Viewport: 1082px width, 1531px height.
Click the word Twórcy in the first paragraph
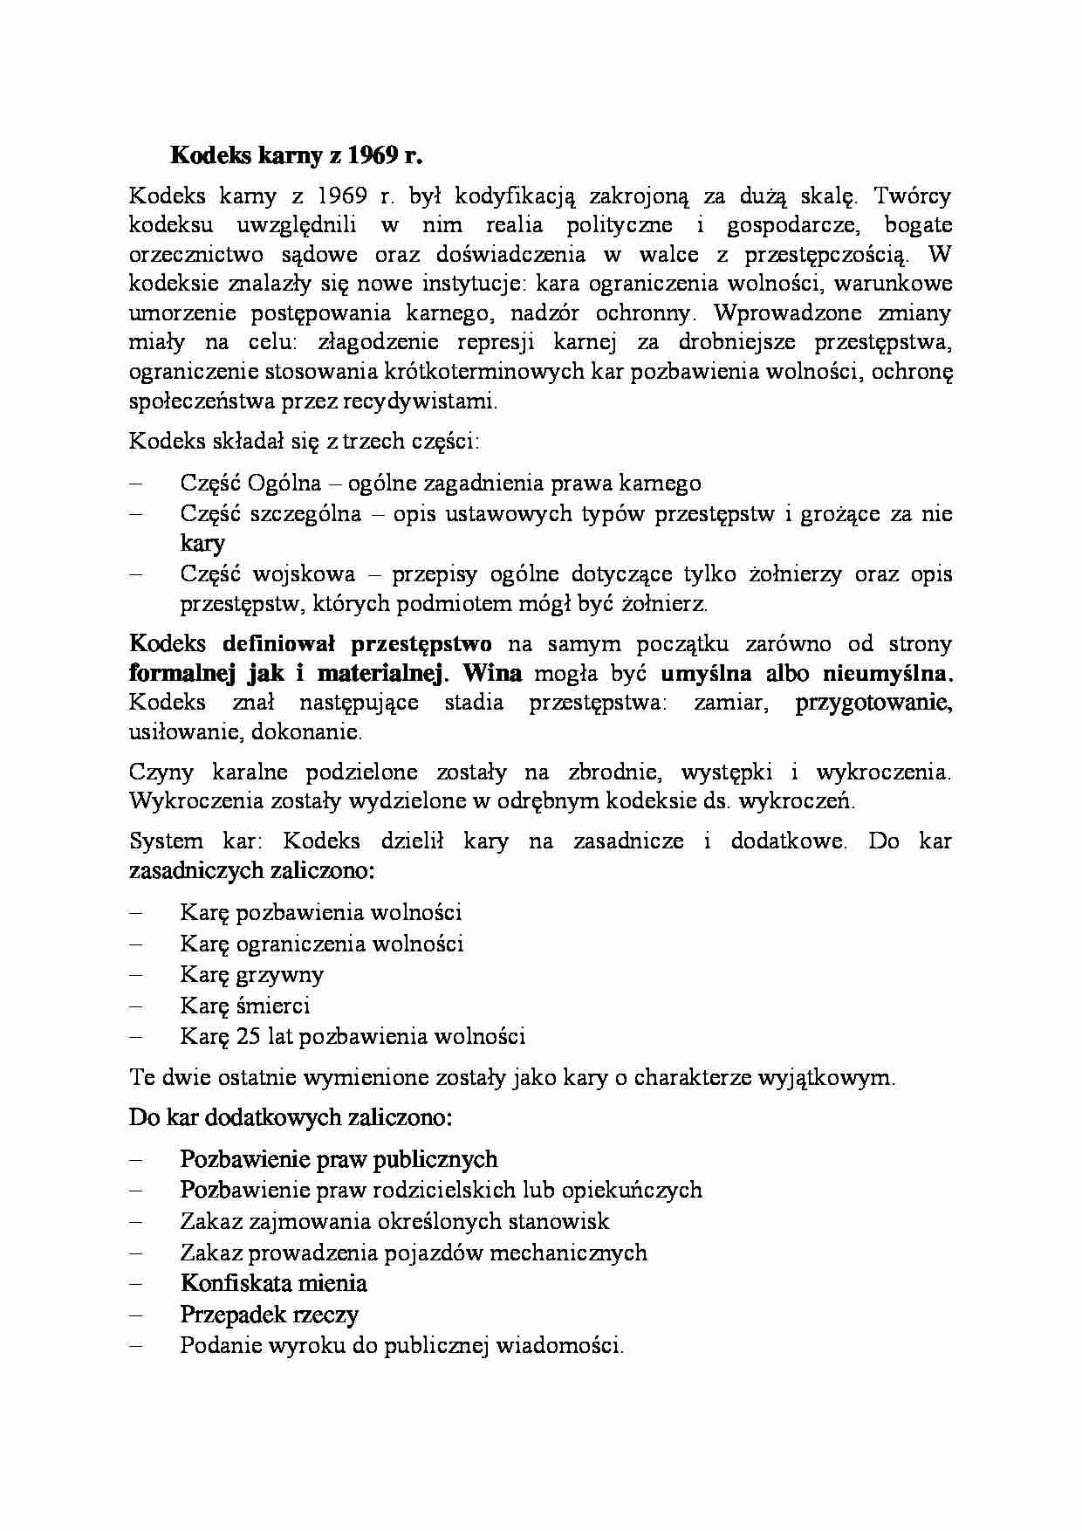912,196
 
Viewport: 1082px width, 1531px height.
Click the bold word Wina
492,673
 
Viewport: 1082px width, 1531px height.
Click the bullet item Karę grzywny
251,974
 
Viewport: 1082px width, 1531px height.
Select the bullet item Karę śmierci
244,1006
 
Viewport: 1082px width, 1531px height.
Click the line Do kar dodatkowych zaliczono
290,1117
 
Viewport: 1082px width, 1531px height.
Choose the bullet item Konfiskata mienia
273,1283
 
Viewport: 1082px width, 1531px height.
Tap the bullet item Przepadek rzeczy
269,1315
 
